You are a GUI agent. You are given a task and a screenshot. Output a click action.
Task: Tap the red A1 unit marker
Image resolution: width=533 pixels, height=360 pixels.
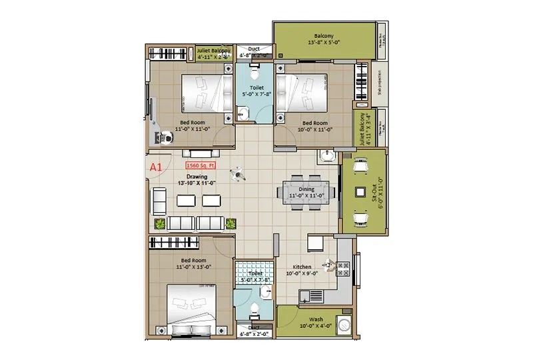(156, 167)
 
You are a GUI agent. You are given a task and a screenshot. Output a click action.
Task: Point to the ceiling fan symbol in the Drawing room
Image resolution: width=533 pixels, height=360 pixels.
(237, 174)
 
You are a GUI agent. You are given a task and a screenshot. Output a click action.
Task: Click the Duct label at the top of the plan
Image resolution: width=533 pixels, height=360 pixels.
(254, 49)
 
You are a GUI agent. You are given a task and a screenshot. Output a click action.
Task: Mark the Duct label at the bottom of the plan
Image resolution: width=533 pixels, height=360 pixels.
(254, 327)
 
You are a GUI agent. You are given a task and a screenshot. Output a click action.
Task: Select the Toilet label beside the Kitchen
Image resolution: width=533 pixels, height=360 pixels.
(255, 273)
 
